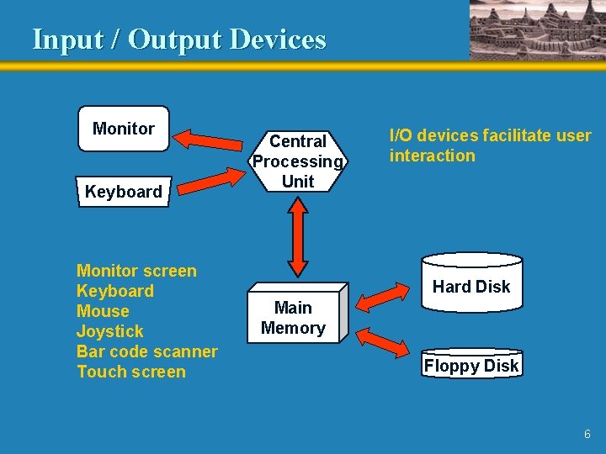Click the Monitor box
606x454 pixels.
click(x=123, y=129)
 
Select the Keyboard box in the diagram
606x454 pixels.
click(x=123, y=192)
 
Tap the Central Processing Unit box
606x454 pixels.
click(x=297, y=161)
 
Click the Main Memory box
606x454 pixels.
click(x=293, y=318)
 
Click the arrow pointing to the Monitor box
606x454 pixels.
click(x=211, y=138)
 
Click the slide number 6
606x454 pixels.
click(x=587, y=435)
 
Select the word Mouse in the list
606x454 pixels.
click(x=103, y=311)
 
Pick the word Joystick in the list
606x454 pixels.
click(x=109, y=331)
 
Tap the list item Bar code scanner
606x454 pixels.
click(x=146, y=351)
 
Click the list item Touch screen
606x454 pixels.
click(x=130, y=372)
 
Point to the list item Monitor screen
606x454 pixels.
click(x=136, y=271)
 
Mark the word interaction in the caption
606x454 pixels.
click(x=432, y=156)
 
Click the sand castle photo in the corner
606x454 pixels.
click(x=537, y=29)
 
